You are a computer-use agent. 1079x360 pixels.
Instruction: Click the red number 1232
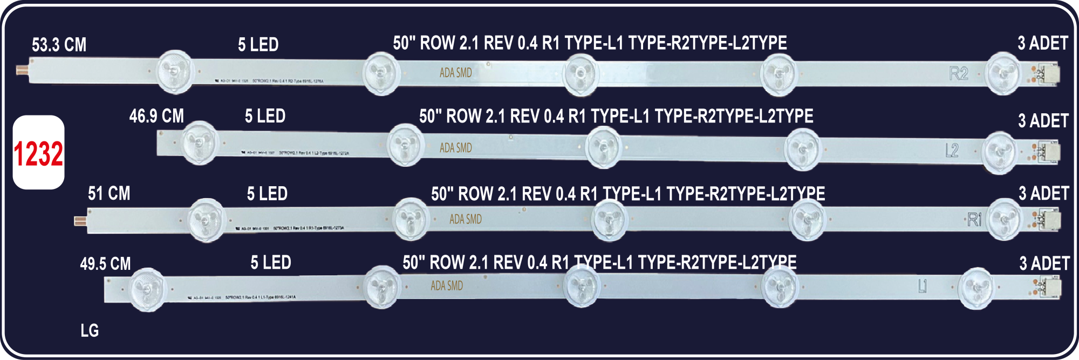click(x=38, y=154)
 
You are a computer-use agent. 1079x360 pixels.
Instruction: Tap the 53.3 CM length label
click(x=59, y=45)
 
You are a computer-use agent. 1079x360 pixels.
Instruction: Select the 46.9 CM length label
click(x=156, y=116)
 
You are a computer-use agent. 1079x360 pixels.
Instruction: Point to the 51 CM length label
click(x=109, y=193)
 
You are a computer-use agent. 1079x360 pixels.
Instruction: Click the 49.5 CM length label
click(x=105, y=264)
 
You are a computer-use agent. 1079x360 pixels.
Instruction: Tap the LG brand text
click(x=90, y=330)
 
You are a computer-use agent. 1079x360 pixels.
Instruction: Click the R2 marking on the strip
click(x=959, y=73)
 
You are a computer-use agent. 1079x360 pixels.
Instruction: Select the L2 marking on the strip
click(x=952, y=151)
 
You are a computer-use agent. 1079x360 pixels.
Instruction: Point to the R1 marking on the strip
click(x=974, y=220)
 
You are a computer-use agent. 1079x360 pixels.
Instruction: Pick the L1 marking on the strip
click(x=923, y=286)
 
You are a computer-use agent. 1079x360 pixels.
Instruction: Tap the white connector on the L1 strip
click(x=1050, y=288)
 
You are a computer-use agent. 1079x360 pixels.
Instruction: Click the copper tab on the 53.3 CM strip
click(x=23, y=71)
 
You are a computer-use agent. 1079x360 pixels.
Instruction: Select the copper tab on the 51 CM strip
click(x=80, y=221)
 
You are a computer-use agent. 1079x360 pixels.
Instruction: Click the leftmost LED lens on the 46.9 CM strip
click(x=199, y=142)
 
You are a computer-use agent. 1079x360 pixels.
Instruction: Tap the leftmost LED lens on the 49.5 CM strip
click(x=147, y=289)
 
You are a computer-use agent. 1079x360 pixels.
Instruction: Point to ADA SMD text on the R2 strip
click(x=456, y=73)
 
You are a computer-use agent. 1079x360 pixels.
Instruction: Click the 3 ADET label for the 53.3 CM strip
click(x=1042, y=44)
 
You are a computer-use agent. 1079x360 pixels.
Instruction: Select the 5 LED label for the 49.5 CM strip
click(x=270, y=263)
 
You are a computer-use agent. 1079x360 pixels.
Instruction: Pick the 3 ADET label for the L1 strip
click(x=1044, y=263)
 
